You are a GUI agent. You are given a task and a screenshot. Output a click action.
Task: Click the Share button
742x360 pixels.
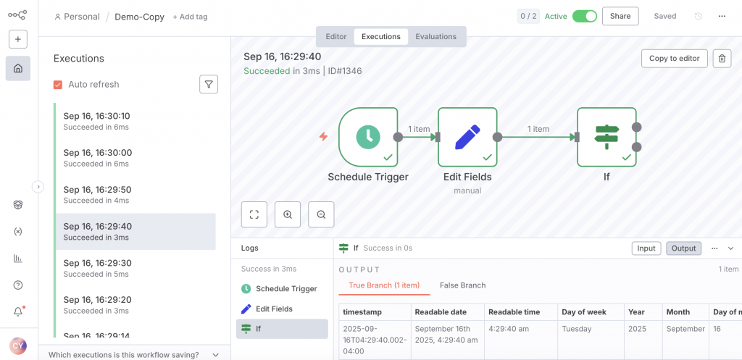point(620,16)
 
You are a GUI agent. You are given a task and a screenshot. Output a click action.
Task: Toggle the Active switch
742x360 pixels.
point(584,16)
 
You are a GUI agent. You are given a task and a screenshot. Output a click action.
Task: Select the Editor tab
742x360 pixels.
point(336,36)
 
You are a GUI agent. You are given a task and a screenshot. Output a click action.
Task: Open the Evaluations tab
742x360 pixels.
point(435,36)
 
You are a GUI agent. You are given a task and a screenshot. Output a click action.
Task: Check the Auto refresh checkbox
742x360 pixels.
point(58,85)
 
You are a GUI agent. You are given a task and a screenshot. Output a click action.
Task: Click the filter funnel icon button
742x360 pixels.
point(209,85)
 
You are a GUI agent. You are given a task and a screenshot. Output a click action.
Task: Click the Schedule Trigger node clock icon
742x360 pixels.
point(368,137)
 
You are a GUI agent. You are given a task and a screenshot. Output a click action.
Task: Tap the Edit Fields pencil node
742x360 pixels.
point(467,137)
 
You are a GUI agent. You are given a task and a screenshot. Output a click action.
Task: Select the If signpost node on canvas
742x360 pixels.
point(606,137)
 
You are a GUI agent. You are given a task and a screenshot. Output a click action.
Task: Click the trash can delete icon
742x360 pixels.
point(722,59)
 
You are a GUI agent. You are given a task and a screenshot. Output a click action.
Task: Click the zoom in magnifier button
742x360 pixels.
point(288,214)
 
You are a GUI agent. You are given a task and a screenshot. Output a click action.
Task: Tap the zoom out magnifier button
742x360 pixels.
point(321,214)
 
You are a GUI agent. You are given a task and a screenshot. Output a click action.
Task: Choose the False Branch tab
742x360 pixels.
point(462,285)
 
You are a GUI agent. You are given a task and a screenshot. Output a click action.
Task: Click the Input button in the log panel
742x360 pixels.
point(646,248)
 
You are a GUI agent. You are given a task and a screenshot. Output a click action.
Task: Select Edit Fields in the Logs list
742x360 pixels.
point(274,309)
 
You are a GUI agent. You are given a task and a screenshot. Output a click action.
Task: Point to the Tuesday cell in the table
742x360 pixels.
point(577,329)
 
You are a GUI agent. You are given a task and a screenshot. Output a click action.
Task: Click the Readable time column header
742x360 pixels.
point(514,311)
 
